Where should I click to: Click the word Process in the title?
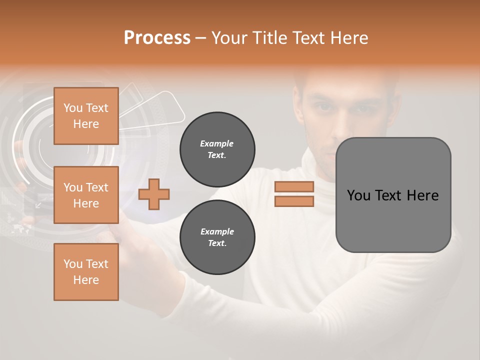click(x=157, y=38)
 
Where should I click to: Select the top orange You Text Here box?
click(x=86, y=116)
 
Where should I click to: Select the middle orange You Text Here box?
click(x=86, y=195)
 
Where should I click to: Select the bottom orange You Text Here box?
click(x=86, y=272)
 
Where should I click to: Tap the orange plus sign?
click(x=154, y=194)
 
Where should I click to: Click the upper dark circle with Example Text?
click(x=217, y=149)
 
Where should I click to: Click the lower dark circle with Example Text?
click(x=217, y=237)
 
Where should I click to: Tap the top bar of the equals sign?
click(x=294, y=187)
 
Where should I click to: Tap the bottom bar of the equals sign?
click(x=294, y=201)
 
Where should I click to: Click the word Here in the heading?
click(x=349, y=38)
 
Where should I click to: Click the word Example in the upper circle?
click(x=217, y=144)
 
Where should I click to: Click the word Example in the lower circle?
click(x=217, y=232)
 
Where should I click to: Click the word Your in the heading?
click(x=229, y=38)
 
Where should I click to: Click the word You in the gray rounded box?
click(x=358, y=195)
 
